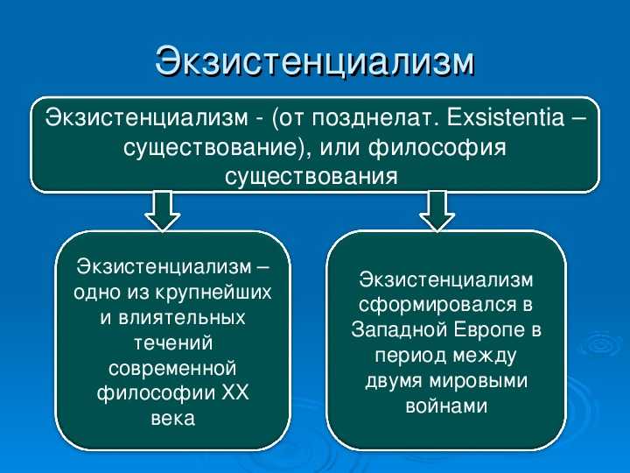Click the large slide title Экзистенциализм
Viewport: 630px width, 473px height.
point(315,62)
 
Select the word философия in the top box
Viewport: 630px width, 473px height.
point(437,148)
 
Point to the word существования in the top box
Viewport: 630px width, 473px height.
point(311,175)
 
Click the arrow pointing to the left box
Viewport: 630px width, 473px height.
point(163,211)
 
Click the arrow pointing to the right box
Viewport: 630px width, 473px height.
point(437,211)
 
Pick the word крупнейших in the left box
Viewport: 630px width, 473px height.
point(213,293)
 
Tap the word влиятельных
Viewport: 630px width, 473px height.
point(182,318)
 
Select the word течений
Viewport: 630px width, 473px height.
point(172,342)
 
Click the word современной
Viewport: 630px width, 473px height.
point(172,369)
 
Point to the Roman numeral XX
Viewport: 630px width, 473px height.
point(235,392)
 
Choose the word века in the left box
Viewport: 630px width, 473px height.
point(173,419)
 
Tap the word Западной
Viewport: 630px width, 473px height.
point(399,329)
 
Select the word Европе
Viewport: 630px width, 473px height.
point(490,330)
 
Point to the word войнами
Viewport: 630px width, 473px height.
point(446,406)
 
